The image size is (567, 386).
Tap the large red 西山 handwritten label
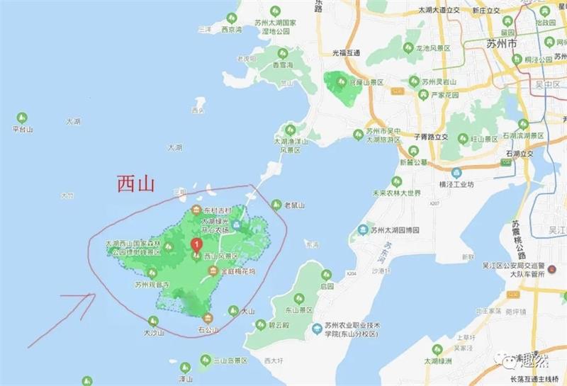tap(135, 185)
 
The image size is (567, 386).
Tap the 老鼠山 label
tap(293, 205)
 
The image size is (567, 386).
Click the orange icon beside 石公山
tap(208, 317)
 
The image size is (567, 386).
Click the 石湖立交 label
tap(521, 152)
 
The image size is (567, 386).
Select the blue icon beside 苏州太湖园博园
tap(363, 229)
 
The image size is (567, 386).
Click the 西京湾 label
tap(231, 30)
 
